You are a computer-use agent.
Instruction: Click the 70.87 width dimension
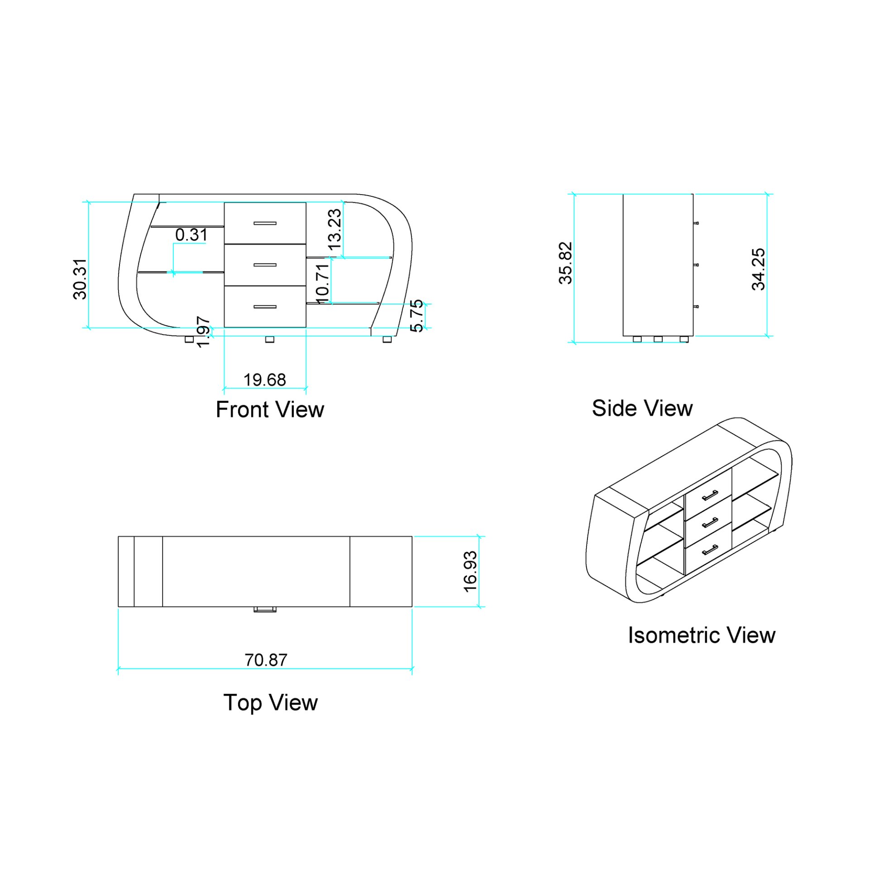click(x=266, y=660)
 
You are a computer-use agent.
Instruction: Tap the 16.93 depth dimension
click(x=470, y=571)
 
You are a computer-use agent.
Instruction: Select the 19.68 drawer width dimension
click(x=265, y=380)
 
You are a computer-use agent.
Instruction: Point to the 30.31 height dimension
click(x=80, y=279)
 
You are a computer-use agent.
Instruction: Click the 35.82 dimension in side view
click(x=566, y=263)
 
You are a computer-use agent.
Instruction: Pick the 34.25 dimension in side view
click(x=758, y=269)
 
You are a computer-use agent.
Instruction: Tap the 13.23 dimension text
click(x=334, y=229)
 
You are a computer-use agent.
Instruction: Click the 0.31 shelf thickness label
click(x=191, y=234)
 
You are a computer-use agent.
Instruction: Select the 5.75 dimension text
click(x=416, y=315)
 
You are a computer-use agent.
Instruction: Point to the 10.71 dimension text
click(x=321, y=284)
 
